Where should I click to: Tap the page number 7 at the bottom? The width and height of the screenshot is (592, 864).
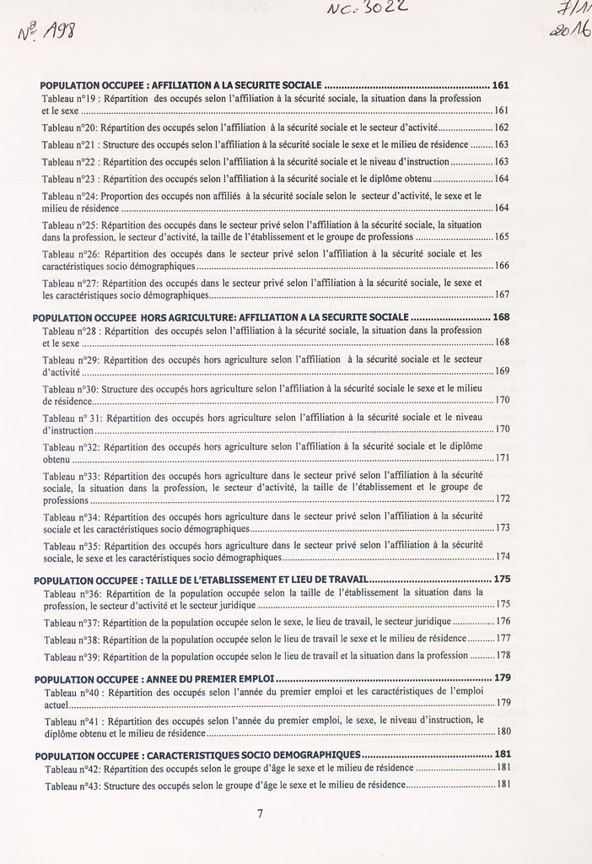point(261,814)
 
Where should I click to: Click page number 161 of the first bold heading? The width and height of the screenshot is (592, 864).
point(500,85)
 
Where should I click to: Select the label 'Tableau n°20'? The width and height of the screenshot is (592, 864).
point(70,127)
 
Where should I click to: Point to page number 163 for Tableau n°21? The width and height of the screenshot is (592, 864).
point(501,144)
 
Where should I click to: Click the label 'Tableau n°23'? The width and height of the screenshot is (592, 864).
point(70,179)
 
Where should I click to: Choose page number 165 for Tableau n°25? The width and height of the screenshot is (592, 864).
point(501,238)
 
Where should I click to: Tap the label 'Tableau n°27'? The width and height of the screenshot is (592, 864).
point(70,283)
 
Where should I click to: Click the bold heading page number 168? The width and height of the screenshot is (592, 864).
point(501,316)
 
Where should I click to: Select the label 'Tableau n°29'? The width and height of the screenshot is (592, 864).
point(71,359)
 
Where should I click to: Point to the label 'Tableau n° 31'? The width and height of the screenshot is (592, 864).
point(73,418)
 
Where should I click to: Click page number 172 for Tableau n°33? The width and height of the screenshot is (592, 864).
point(503,499)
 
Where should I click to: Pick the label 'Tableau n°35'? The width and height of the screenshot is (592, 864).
point(72,546)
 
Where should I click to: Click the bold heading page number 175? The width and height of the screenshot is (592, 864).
point(503,580)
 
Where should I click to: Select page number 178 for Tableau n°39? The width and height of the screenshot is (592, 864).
point(503,656)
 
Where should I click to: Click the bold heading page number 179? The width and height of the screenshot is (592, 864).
point(503,678)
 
